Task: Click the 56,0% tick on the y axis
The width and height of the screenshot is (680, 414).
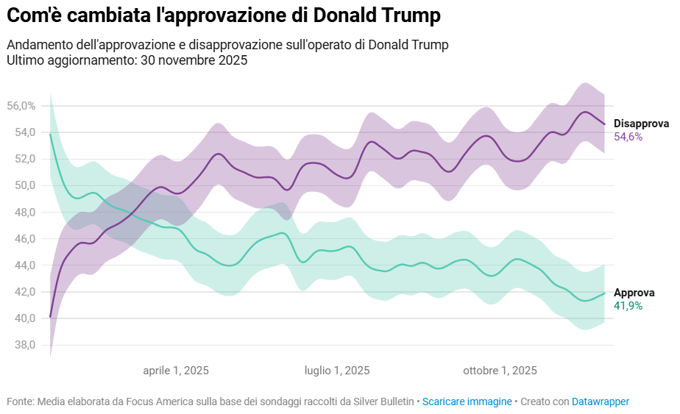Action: [21, 106]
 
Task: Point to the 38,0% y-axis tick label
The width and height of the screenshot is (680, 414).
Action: [21, 345]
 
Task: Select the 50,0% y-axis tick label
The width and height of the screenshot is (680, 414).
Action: [21, 185]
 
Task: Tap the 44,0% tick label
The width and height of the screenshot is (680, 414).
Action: [21, 265]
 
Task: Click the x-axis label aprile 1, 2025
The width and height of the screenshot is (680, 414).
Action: [176, 371]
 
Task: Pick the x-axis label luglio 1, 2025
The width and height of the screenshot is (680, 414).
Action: [337, 371]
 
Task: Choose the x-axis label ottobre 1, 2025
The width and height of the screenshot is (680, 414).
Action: [500, 371]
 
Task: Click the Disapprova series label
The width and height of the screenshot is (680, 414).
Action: [641, 124]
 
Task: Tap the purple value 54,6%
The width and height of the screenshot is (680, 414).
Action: [628, 137]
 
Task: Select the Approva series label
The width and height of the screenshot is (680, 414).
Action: [634, 293]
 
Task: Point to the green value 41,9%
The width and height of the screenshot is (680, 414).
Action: [628, 306]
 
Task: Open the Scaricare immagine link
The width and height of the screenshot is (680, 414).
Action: [467, 401]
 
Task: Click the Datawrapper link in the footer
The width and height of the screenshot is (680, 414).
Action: [600, 401]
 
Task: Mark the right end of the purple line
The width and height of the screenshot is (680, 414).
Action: [604, 124]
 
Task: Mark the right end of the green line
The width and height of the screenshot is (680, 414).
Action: [604, 293]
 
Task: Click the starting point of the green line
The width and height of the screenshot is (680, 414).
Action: [50, 135]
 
